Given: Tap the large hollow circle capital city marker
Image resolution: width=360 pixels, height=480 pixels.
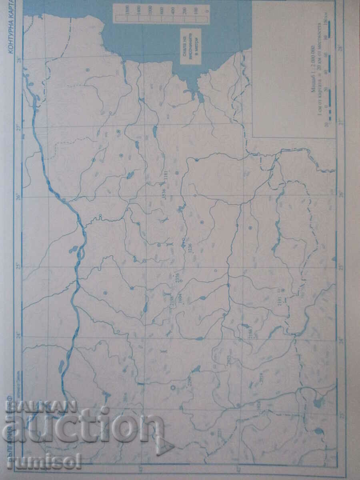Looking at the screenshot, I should click(173, 387).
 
